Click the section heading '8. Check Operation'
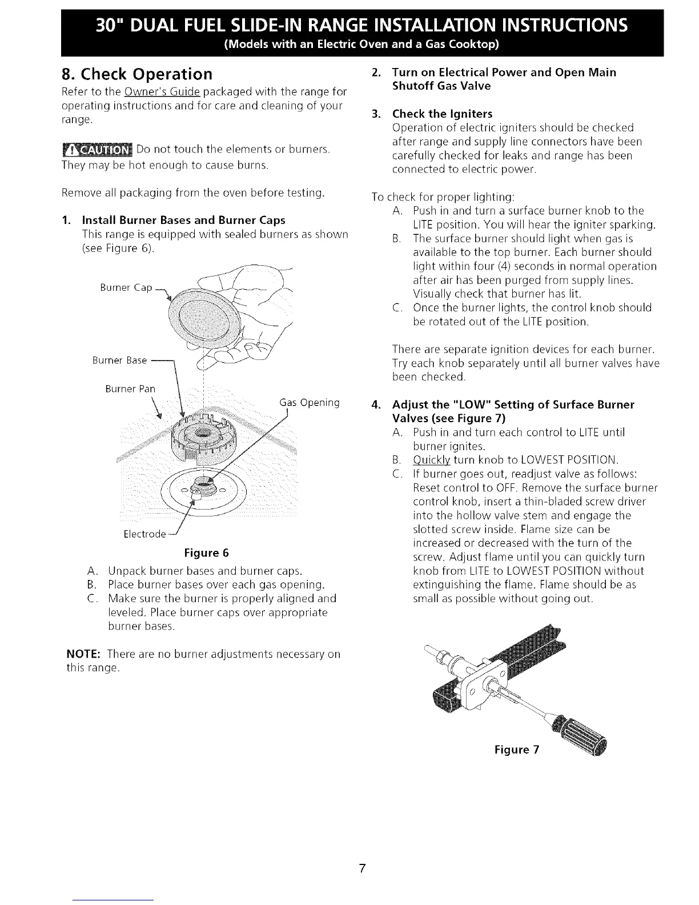tap(137, 74)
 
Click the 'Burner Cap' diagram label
tap(126, 288)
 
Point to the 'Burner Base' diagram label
tap(120, 361)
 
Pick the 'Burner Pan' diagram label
tap(130, 389)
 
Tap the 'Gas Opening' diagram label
tap(310, 403)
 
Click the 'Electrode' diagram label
tap(144, 534)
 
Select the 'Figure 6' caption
tap(206, 552)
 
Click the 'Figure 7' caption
tap(517, 749)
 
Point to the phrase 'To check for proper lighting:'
tap(443, 197)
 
